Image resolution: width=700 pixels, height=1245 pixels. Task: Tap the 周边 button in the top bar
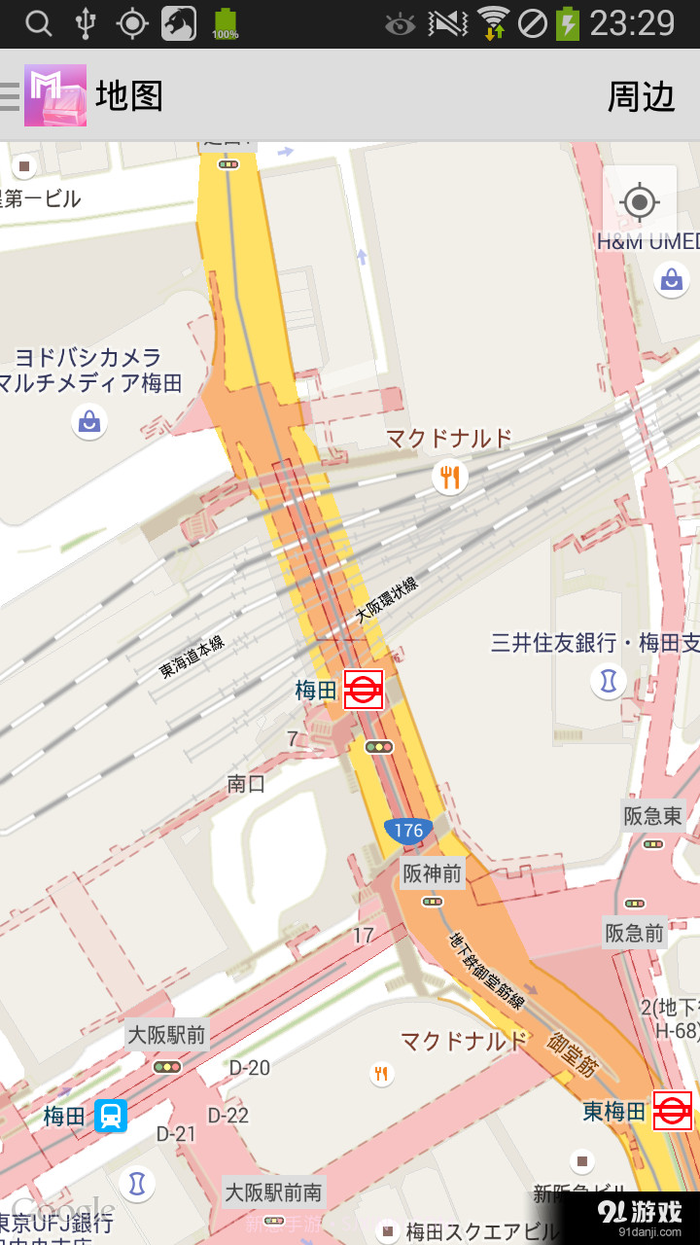click(x=641, y=96)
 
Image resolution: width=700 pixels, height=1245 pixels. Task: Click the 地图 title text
click(x=128, y=96)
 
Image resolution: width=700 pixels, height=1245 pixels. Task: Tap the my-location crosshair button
click(x=639, y=203)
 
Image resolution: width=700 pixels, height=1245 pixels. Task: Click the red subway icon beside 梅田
click(x=364, y=690)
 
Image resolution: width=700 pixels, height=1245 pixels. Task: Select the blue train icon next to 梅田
click(x=111, y=1115)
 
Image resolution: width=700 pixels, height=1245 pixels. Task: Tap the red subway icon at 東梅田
click(x=672, y=1111)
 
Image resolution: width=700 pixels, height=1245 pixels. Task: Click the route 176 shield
click(x=408, y=830)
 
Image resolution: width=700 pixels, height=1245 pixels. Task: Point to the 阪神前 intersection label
click(x=433, y=873)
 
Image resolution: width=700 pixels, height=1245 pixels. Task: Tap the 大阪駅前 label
click(x=167, y=1034)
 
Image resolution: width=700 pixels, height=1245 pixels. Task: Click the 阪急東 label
click(x=653, y=816)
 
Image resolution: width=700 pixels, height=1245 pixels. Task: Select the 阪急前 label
click(x=635, y=934)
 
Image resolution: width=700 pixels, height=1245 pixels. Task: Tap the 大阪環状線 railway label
click(x=386, y=600)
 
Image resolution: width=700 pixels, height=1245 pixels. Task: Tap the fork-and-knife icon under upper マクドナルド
click(x=449, y=477)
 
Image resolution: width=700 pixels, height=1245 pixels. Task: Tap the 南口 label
click(x=246, y=783)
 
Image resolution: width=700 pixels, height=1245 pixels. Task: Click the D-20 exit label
click(x=250, y=1068)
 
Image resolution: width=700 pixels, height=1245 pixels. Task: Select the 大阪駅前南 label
click(x=273, y=1192)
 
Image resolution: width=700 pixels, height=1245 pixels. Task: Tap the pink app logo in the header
click(x=55, y=95)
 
